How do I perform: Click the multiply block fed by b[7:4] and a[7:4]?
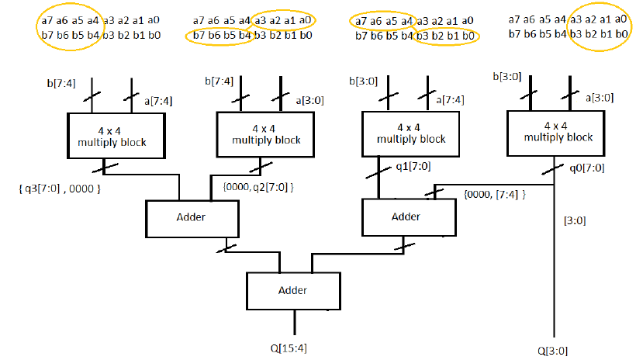click(x=116, y=137)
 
